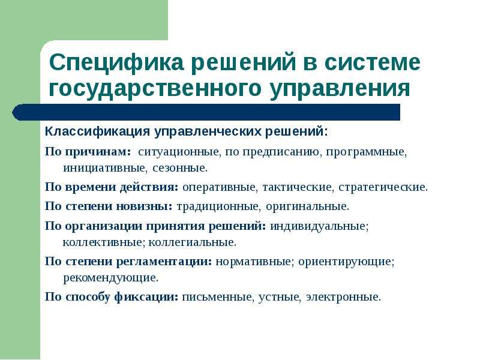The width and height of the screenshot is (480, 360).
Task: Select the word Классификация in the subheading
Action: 97,131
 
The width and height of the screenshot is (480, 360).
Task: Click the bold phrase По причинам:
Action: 88,152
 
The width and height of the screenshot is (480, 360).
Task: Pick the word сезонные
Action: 180,168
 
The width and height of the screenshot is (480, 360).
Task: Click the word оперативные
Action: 219,187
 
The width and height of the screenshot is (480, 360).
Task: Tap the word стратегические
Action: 383,187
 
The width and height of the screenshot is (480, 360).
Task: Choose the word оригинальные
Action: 307,206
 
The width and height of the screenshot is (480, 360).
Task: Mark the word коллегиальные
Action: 192,242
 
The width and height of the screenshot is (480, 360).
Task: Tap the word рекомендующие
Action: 111,278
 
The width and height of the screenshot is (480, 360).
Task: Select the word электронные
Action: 343,297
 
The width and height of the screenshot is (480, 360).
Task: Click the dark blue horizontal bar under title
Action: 206,112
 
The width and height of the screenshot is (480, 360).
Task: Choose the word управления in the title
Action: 340,89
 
